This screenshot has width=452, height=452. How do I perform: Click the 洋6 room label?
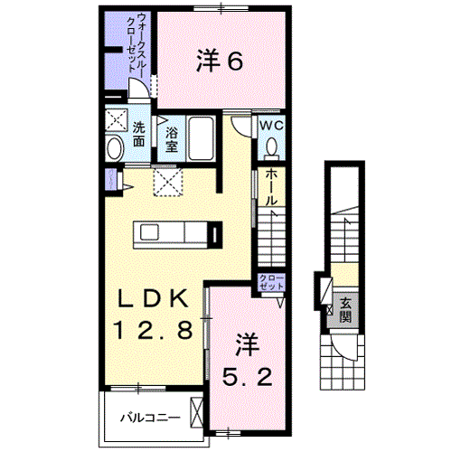coord(220,61)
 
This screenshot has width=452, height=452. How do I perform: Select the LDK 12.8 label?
coord(153,315)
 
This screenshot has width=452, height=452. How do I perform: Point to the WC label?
coord(272,126)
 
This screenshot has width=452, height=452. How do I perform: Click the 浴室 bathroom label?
coord(171,138)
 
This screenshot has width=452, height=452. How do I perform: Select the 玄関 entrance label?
coord(345,310)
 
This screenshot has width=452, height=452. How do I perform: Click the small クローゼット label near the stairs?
coord(270,280)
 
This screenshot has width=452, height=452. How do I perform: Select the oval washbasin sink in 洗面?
coord(115,147)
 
